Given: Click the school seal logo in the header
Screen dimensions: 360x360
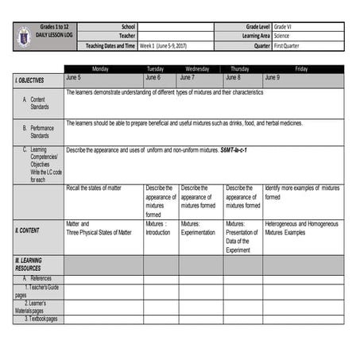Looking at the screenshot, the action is coord(23,37).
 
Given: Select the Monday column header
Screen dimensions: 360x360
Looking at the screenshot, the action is coord(100,69).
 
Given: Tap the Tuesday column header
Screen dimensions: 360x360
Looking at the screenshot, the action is coord(155,69).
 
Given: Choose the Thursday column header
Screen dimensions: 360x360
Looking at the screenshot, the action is coord(240,69).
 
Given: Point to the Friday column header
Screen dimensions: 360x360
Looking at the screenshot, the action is coord(301,69).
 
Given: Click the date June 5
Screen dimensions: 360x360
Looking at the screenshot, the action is coord(74,78).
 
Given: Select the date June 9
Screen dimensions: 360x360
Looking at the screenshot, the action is coord(272,78).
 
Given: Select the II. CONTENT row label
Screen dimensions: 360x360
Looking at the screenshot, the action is coord(28,230).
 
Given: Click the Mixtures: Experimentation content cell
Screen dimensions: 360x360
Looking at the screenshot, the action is coord(198,228).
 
